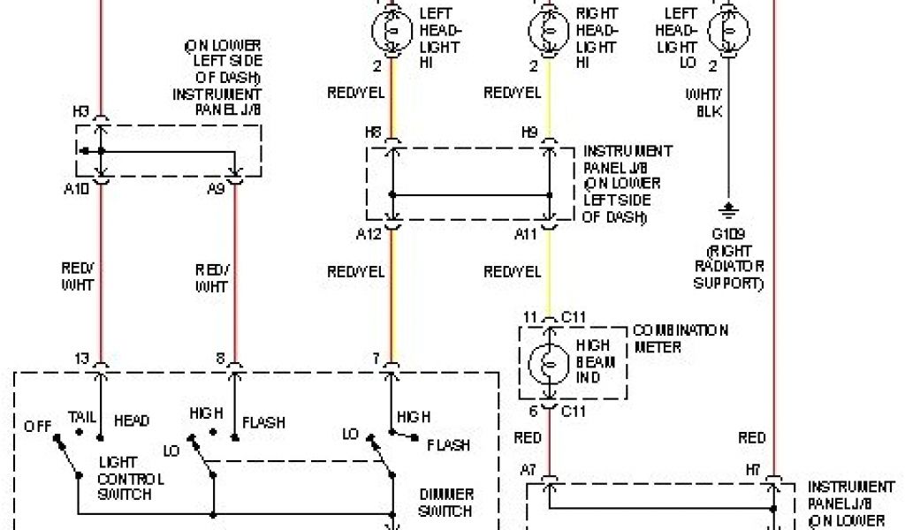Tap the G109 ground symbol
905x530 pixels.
728,210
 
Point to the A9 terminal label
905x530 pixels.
217,187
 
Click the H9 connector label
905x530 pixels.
529,133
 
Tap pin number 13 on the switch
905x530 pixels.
82,358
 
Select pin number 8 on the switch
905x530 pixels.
218,358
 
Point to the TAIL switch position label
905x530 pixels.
81,415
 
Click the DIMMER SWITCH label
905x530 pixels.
446,503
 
